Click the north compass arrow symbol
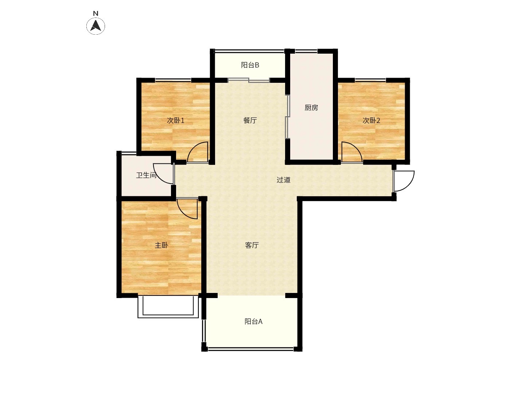pyautogui.click(x=96, y=26)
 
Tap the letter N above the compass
pyautogui.click(x=96, y=13)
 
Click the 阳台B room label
pyautogui.click(x=250, y=65)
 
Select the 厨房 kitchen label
pyautogui.click(x=311, y=108)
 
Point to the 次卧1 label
pyautogui.click(x=176, y=120)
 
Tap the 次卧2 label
pyautogui.click(x=371, y=120)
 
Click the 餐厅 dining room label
pyautogui.click(x=250, y=120)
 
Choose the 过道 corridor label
pyautogui.click(x=283, y=180)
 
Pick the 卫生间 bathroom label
pyautogui.click(x=146, y=175)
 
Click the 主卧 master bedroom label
pyautogui.click(x=162, y=245)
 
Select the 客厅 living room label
pyautogui.click(x=252, y=245)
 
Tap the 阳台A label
pyautogui.click(x=253, y=321)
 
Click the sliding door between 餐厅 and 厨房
pyautogui.click(x=288, y=117)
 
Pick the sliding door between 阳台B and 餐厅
pyautogui.click(x=249, y=80)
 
